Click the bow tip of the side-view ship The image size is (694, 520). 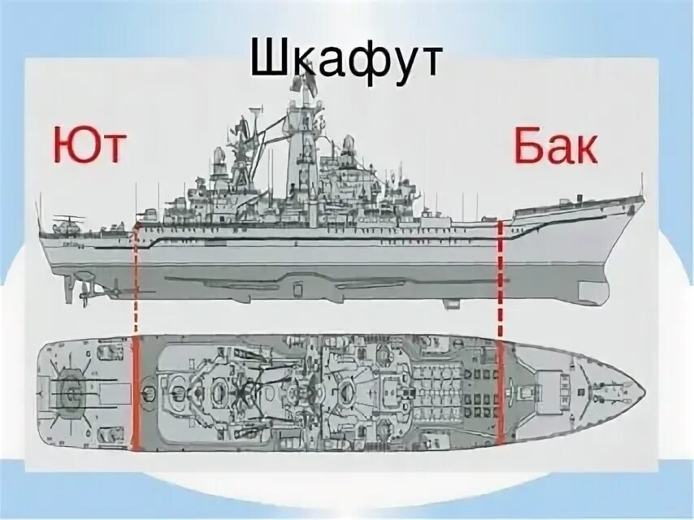(x=642, y=199)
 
